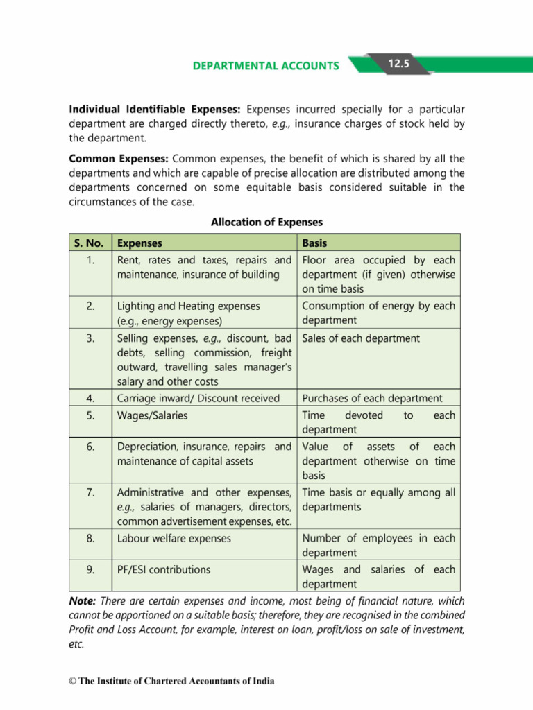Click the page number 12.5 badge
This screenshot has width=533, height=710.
[x=399, y=64]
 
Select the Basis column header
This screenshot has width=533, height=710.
[x=314, y=243]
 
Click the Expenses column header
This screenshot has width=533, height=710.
[x=140, y=243]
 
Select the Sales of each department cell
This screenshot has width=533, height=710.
[x=361, y=338]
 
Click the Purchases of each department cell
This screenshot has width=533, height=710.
[x=372, y=398]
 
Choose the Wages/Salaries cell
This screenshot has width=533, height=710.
[x=153, y=415]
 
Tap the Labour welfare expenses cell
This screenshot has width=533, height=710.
[x=175, y=538]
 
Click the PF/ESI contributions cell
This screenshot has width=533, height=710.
[x=164, y=569]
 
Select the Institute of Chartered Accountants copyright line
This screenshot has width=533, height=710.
[x=171, y=681]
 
